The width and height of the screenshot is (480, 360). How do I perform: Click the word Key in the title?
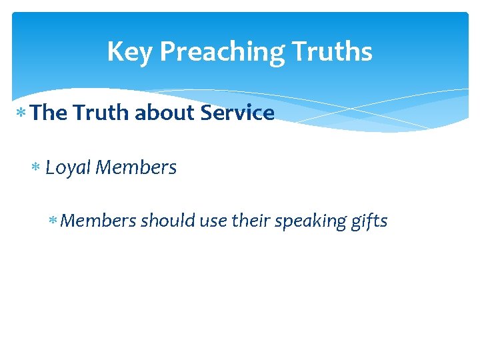point(130,52)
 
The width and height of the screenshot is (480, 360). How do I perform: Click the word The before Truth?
point(49,113)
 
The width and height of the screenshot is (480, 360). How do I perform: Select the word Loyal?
point(68,167)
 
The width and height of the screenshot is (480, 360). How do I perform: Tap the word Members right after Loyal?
point(136,167)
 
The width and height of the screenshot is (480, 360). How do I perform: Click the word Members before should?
point(98,221)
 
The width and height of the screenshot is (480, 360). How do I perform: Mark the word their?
point(251,221)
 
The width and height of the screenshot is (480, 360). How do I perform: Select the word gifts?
point(369,221)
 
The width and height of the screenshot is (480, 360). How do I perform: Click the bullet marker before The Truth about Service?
point(22,113)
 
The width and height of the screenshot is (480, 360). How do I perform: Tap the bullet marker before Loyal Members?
point(37,168)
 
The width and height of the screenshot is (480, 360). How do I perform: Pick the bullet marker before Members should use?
point(53,221)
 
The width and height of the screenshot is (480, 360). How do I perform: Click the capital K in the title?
point(114,52)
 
